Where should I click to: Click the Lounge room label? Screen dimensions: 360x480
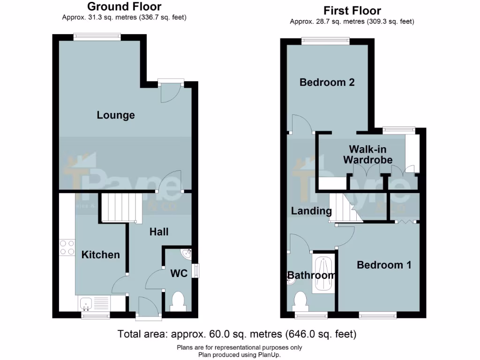pos(116,115)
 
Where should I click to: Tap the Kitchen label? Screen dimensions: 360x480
pos(101,255)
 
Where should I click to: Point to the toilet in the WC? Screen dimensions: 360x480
pos(178,300)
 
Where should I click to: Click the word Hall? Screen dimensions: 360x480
pos(159,232)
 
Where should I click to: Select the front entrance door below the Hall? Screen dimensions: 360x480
pos(148,308)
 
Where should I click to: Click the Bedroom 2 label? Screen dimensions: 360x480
pos(327,82)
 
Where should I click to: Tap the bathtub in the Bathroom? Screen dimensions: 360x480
pos(324,274)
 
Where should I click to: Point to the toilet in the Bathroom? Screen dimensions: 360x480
pos(300,300)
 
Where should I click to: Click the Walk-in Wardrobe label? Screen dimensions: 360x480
pos(367,154)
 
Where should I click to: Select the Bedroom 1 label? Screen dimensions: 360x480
pos(384,265)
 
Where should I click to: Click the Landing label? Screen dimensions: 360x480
pos(311,211)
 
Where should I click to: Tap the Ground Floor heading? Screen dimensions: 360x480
pos(124,7)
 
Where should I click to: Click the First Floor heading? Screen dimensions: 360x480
pos(352,10)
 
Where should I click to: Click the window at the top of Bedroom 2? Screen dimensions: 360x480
pos(326,41)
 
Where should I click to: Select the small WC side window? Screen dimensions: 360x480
pos(196,271)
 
